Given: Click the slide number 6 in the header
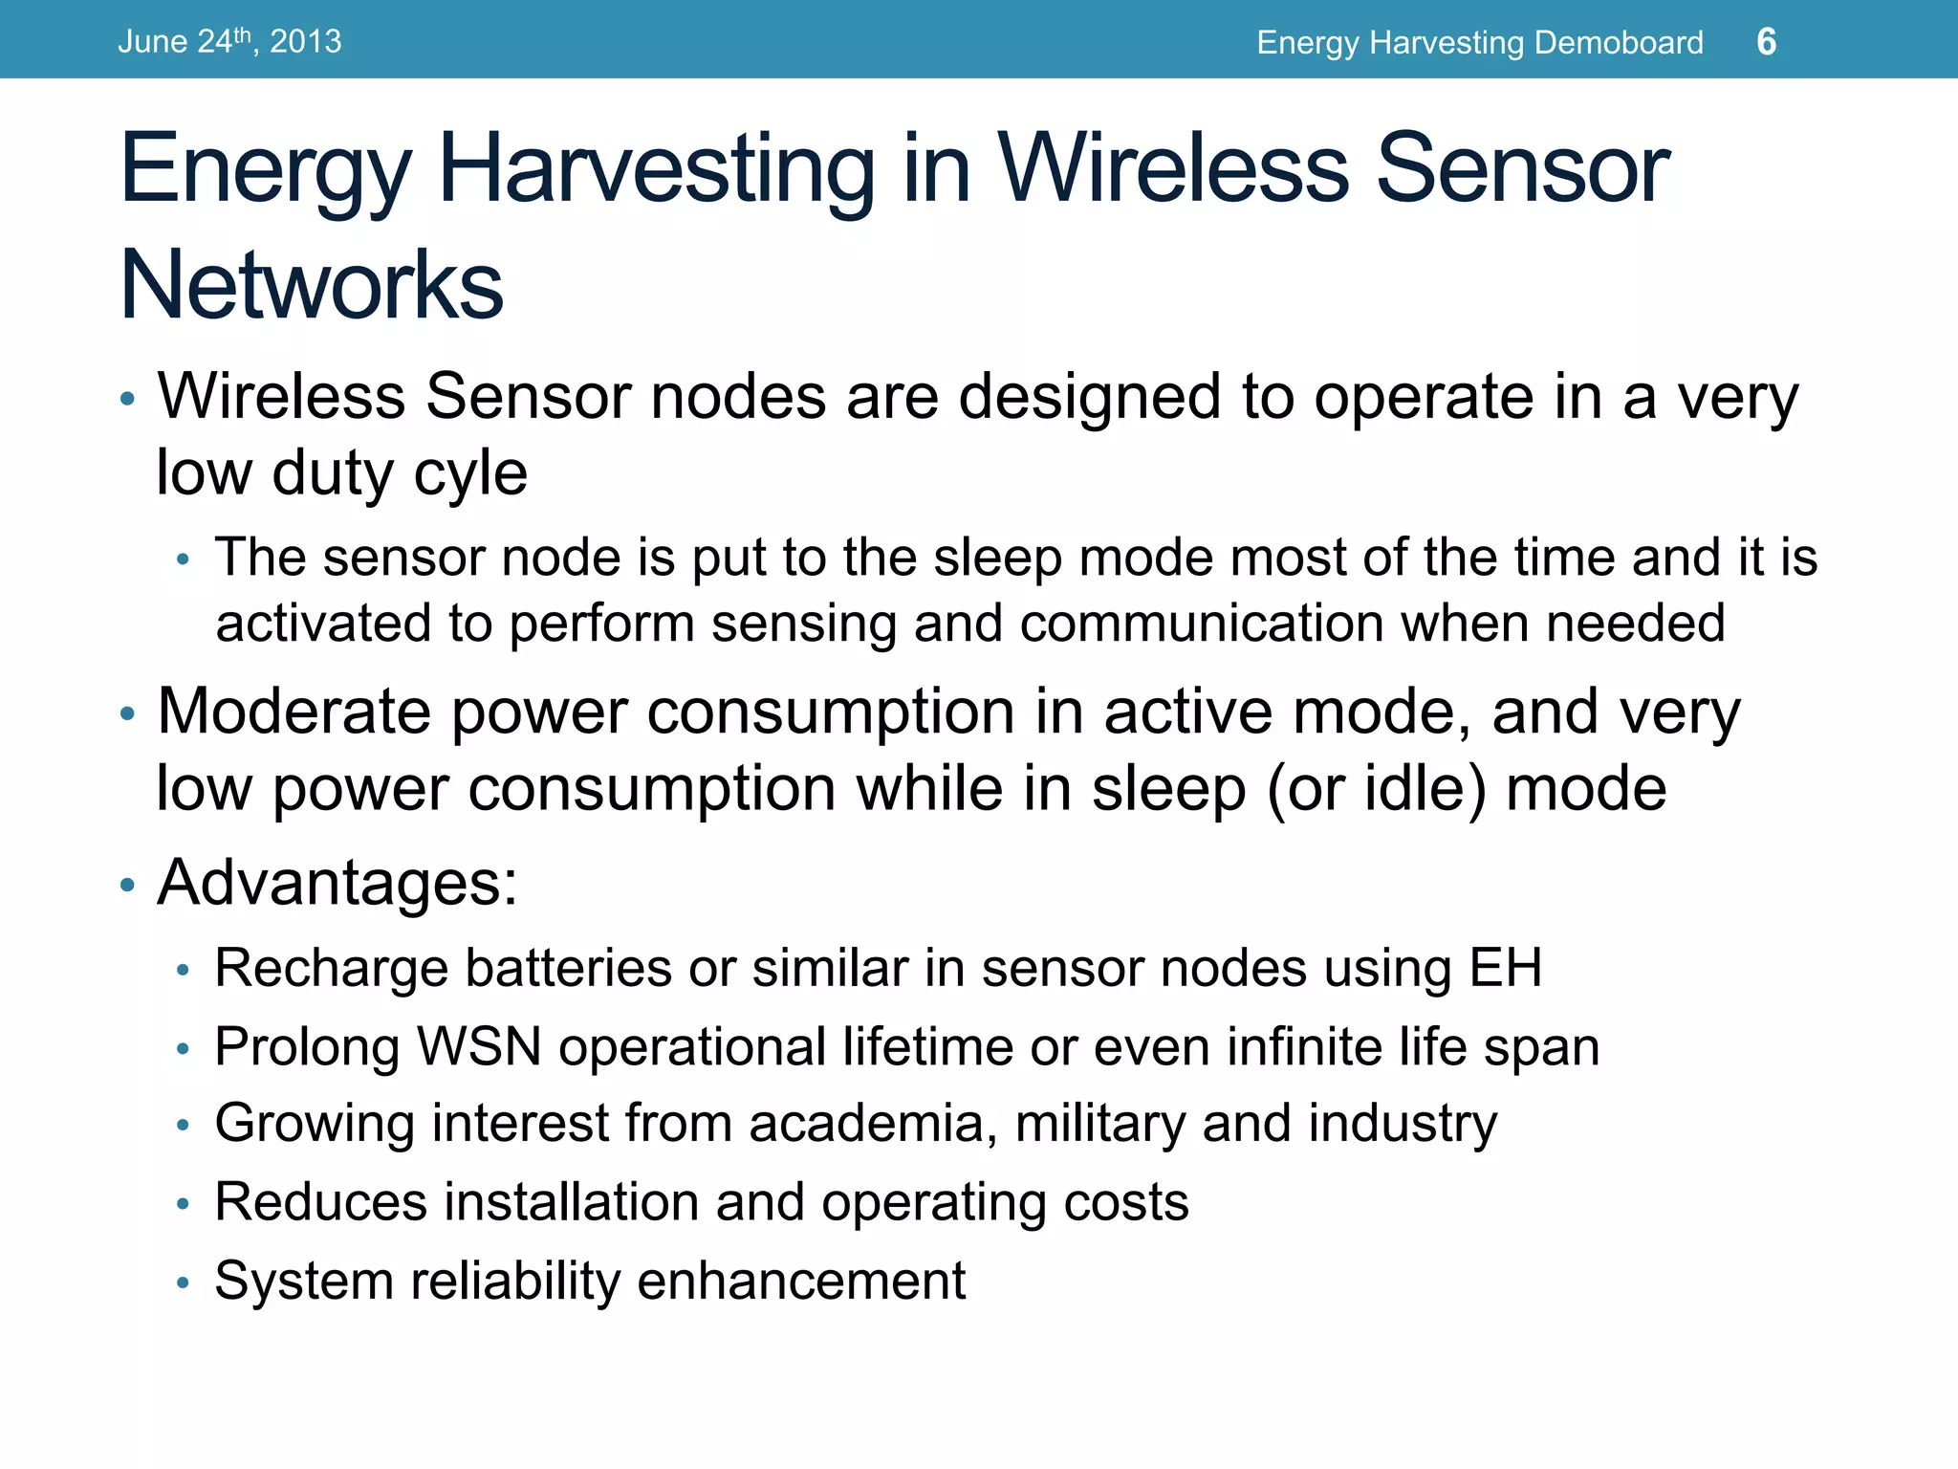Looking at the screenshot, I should tap(1766, 42).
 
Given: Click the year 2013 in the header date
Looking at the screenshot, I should tap(305, 42).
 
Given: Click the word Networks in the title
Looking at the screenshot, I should tap(312, 285).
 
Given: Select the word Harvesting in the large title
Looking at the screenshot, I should tap(656, 170).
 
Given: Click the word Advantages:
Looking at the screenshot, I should tap(337, 882).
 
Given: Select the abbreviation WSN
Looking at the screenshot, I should tap(480, 1046).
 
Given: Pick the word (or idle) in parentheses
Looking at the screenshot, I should tap(1377, 789).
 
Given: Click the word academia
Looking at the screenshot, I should tap(865, 1123).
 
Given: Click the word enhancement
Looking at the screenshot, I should tap(801, 1281).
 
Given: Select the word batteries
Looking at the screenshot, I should tap(568, 968).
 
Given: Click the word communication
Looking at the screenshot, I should tap(1202, 625).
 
